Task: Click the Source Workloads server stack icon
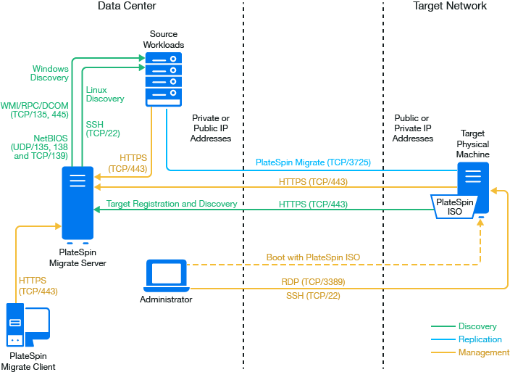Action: (163, 78)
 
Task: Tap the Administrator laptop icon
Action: (166, 276)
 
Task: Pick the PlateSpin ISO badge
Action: (453, 207)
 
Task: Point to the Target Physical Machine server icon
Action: (472, 181)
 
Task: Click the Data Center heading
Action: (127, 7)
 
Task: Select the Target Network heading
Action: (450, 7)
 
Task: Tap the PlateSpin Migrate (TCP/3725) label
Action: (313, 163)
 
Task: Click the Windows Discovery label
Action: (50, 73)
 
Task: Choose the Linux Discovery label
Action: (105, 94)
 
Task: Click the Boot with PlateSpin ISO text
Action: (313, 257)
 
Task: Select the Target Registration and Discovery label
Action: (172, 204)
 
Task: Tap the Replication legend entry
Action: (480, 339)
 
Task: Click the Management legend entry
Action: (484, 352)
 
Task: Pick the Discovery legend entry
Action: (477, 326)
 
